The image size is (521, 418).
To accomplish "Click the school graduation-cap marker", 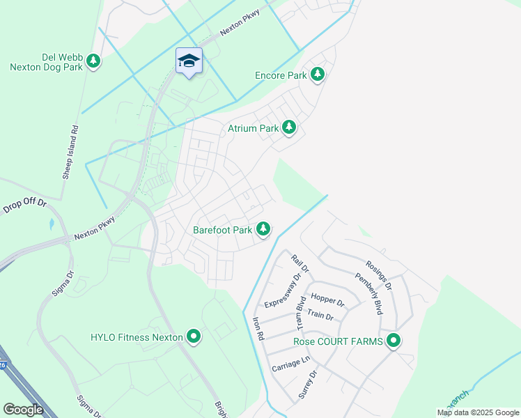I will (189, 61).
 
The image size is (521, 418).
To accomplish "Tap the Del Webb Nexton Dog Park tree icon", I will (93, 61).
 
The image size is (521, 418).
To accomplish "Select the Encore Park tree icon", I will (318, 74).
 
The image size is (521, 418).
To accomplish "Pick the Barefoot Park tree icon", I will (263, 228).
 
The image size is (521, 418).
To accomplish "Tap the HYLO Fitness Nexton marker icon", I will (193, 338).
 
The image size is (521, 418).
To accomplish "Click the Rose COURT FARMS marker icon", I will (394, 341).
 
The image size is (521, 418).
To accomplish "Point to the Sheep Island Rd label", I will (71, 153).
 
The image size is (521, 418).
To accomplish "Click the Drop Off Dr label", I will (24, 206).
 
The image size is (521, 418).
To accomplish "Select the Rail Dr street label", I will (300, 263).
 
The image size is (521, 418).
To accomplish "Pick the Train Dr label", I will (320, 315).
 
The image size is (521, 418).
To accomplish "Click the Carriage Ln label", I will (290, 363).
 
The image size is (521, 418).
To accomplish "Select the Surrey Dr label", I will (308, 383).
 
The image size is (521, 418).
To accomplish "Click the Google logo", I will (23, 410).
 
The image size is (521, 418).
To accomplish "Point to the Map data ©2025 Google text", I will (478, 412).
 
